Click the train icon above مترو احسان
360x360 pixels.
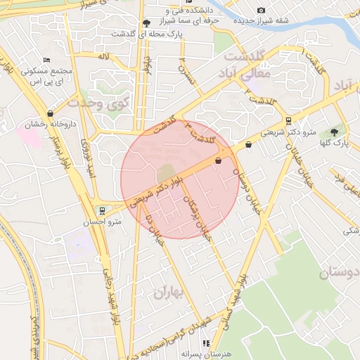click(103, 210)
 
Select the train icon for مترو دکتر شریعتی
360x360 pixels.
click(288, 121)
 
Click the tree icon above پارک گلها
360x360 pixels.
click(333, 131)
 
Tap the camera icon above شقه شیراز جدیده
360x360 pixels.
click(262, 10)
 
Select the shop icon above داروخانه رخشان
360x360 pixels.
click(50, 113)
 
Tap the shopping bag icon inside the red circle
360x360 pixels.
click(217, 161)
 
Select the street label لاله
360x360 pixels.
click(103, 55)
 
